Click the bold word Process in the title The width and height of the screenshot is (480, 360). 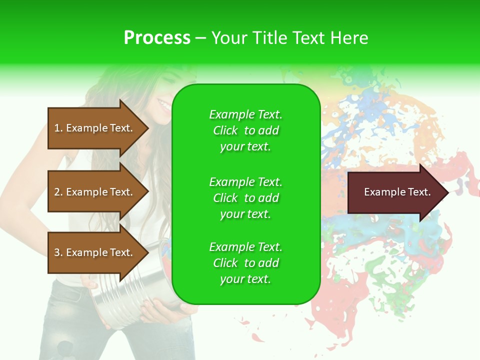click(x=157, y=38)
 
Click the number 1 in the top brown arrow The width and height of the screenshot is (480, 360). click(x=57, y=128)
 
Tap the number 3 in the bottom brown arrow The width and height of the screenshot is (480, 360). click(x=57, y=252)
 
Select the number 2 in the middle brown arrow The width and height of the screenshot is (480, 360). click(x=57, y=192)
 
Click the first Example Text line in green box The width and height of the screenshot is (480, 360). click(x=245, y=114)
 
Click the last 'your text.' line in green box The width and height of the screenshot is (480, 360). click(x=245, y=279)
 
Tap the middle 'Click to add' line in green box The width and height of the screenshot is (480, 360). click(x=245, y=198)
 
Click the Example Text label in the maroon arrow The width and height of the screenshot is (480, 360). click(x=397, y=192)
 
